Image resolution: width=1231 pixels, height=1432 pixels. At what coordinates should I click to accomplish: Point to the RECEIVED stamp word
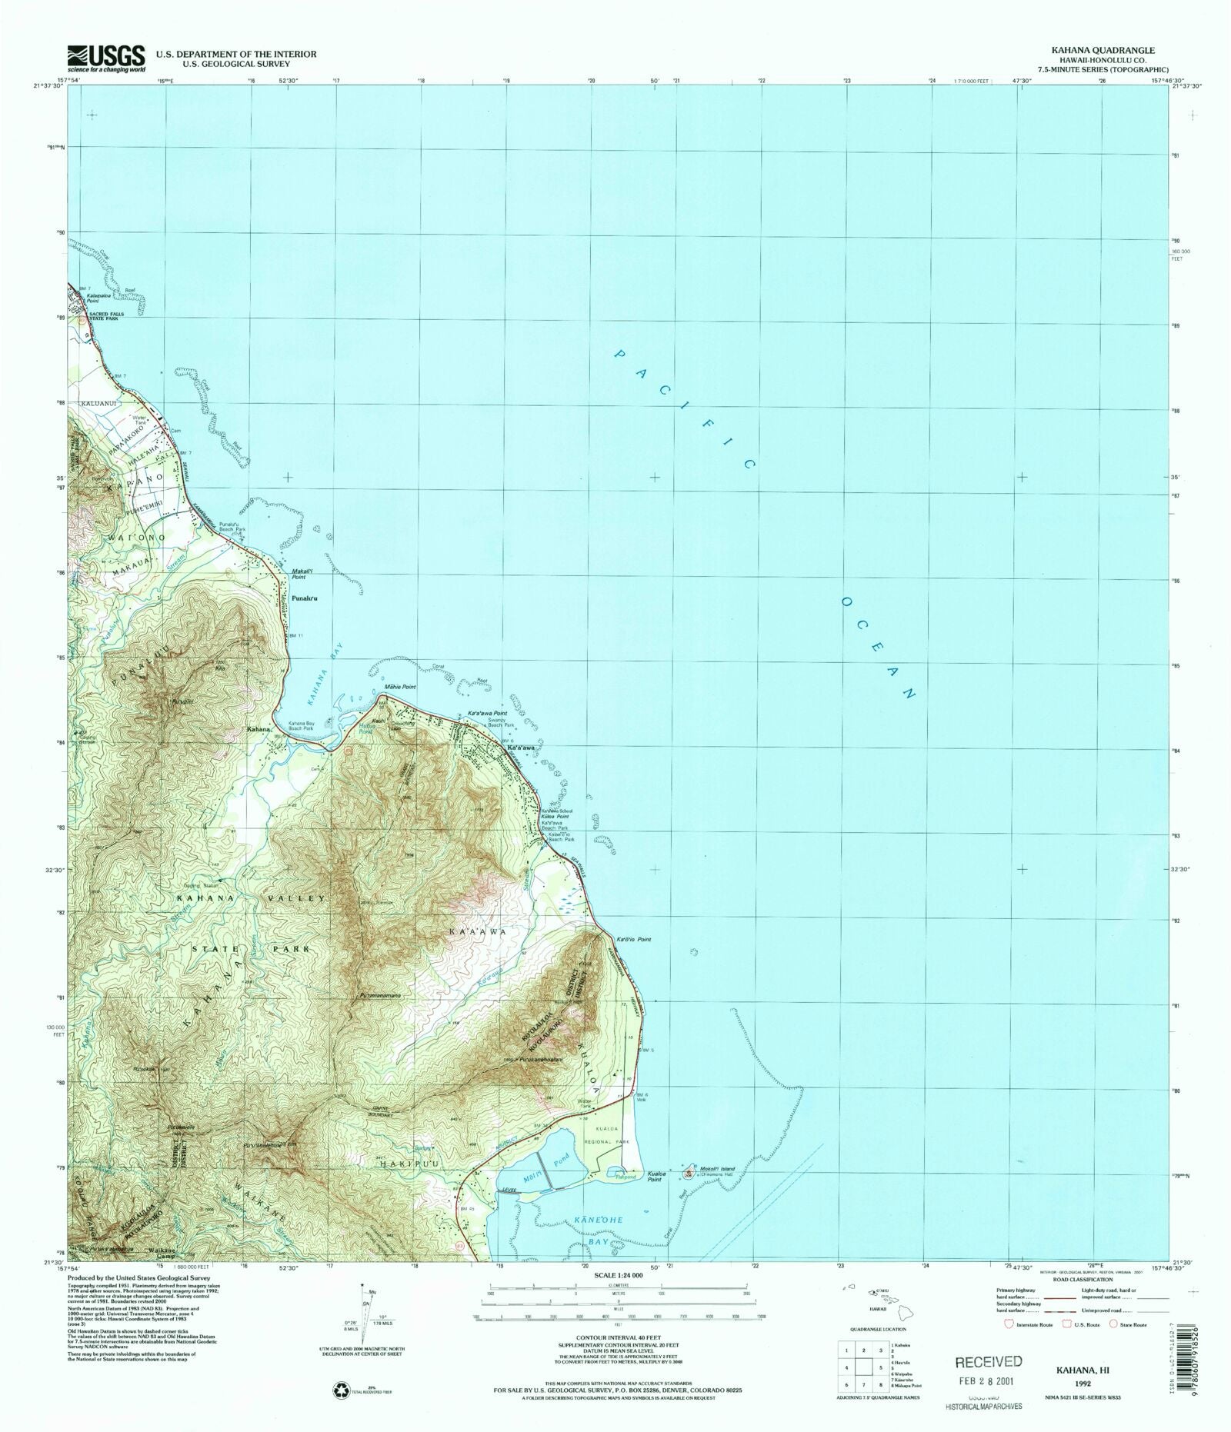point(988,1361)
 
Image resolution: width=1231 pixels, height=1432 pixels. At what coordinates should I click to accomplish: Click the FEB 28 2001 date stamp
point(989,1381)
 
